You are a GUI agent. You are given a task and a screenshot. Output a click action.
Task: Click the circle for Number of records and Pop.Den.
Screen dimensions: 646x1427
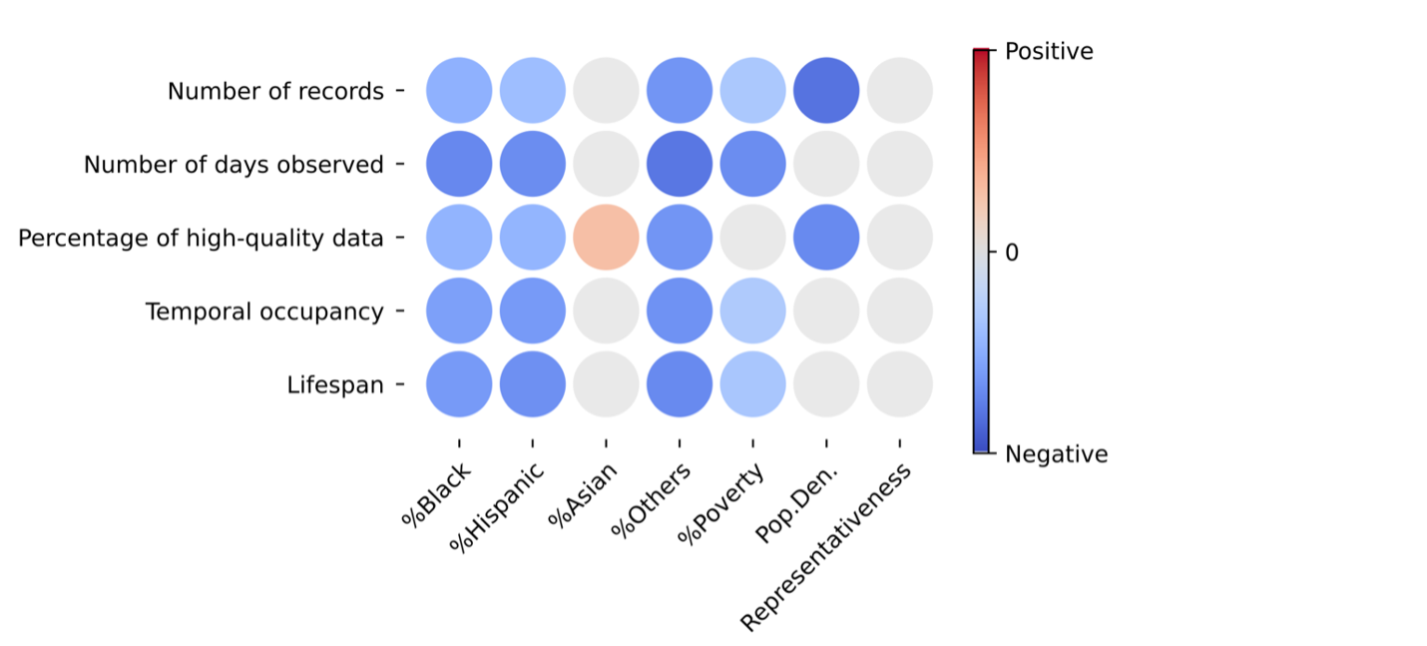pyautogui.click(x=826, y=91)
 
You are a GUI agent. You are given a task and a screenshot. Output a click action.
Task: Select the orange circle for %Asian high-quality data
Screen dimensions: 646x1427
pyautogui.click(x=606, y=238)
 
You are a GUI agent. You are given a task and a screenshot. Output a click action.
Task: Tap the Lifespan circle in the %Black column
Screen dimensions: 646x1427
pyautogui.click(x=459, y=384)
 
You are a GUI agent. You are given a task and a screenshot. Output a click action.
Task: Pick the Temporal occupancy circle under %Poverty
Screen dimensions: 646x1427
pyautogui.click(x=752, y=312)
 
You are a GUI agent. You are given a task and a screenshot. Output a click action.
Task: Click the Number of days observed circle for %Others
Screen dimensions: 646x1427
pyautogui.click(x=680, y=165)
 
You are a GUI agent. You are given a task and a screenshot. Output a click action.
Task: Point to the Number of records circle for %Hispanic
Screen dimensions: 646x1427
pyautogui.click(x=533, y=91)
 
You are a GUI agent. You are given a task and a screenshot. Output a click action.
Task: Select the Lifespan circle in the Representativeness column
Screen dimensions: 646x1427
pyautogui.click(x=899, y=384)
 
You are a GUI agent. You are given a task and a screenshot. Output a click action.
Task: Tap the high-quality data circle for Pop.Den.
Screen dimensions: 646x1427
pyautogui.click(x=826, y=238)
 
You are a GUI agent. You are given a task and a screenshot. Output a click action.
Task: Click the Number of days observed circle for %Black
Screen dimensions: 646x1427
pyautogui.click(x=459, y=165)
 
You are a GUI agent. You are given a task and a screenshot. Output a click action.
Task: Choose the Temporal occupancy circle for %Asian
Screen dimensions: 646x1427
pyautogui.click(x=606, y=312)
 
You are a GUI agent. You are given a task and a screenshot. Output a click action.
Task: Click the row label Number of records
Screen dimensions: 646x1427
pyautogui.click(x=275, y=92)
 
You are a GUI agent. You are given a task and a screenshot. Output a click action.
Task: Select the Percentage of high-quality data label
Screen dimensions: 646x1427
pyautogui.click(x=201, y=239)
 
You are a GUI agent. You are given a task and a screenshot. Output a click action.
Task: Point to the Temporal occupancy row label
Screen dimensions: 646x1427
pyautogui.click(x=264, y=313)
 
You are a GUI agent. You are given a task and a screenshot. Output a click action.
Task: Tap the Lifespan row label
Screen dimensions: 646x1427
pyautogui.click(x=335, y=385)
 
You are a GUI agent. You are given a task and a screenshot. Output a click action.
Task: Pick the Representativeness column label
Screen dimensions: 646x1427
pyautogui.click(x=827, y=547)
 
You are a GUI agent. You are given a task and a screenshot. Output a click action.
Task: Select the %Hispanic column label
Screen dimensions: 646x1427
pyautogui.click(x=496, y=508)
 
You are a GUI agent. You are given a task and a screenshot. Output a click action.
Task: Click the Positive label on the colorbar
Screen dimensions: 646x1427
pyautogui.click(x=1049, y=51)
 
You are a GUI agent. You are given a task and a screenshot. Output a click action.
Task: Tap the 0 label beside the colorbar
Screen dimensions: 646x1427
pyautogui.click(x=1011, y=253)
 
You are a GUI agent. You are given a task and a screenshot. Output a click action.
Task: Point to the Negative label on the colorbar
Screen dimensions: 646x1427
pyautogui.click(x=1056, y=455)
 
